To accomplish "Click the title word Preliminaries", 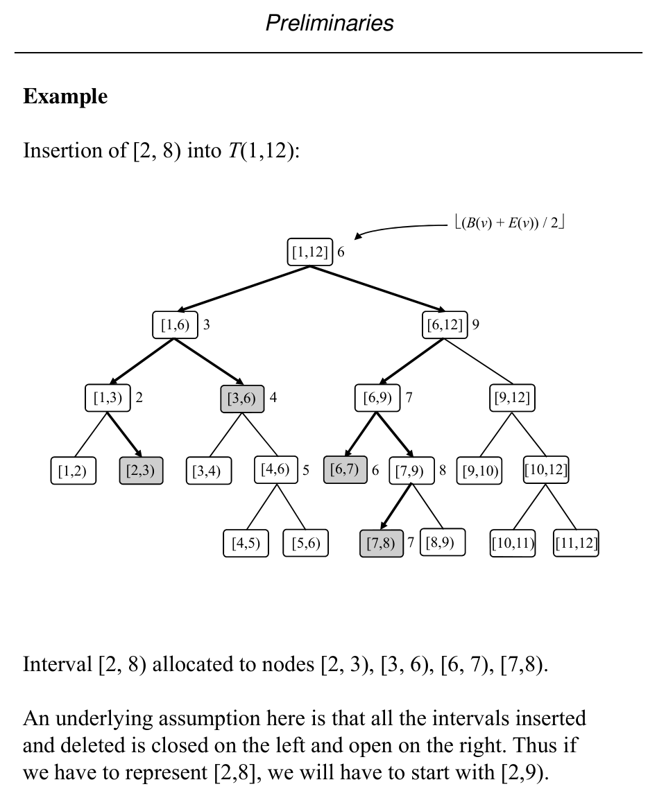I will coord(329,23).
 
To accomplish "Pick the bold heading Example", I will coord(65,96).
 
